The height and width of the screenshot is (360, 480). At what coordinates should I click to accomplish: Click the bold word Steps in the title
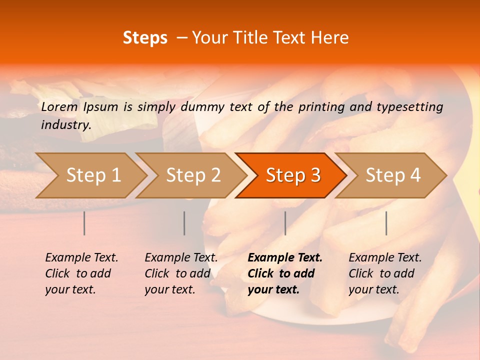pos(145,38)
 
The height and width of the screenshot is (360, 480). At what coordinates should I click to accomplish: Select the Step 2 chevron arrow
pos(193,175)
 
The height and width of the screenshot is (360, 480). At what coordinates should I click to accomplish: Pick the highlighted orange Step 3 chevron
pos(293,175)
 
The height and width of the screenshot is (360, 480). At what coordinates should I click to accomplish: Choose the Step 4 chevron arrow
pos(393,175)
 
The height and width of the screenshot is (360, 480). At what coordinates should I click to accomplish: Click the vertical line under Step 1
pos(84,223)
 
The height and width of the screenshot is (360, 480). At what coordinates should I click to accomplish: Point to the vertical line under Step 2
pos(184,223)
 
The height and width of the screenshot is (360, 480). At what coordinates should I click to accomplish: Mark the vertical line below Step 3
pos(285,223)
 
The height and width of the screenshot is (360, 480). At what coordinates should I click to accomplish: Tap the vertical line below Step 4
pos(386,223)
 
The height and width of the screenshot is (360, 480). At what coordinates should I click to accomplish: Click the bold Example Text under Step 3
pos(285,273)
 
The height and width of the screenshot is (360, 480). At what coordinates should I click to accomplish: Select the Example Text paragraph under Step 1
pos(81,273)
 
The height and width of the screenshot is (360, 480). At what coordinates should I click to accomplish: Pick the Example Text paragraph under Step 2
pos(181,273)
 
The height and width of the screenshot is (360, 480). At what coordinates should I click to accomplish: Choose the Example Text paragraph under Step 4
pos(385,273)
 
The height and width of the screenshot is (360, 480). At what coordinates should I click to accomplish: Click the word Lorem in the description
pos(59,106)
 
